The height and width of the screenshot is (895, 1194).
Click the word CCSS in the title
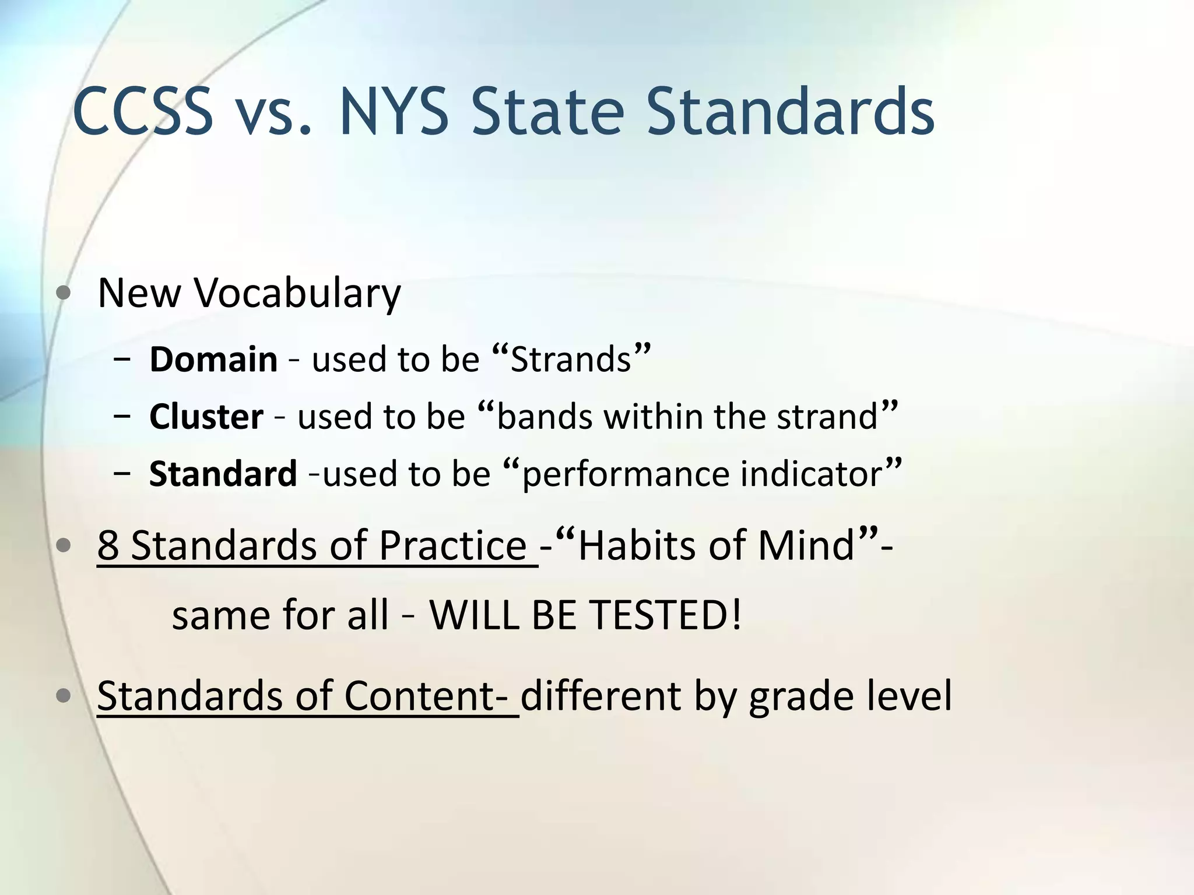143,112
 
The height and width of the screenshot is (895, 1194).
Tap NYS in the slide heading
394,112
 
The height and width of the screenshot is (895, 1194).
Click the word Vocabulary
297,293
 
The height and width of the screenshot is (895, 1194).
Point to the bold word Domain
213,359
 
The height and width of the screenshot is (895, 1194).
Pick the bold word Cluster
206,417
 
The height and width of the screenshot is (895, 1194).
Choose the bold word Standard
223,474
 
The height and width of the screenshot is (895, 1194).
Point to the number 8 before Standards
108,546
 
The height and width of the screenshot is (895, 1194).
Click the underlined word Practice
452,546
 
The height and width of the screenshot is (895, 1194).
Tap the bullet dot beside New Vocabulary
65,294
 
